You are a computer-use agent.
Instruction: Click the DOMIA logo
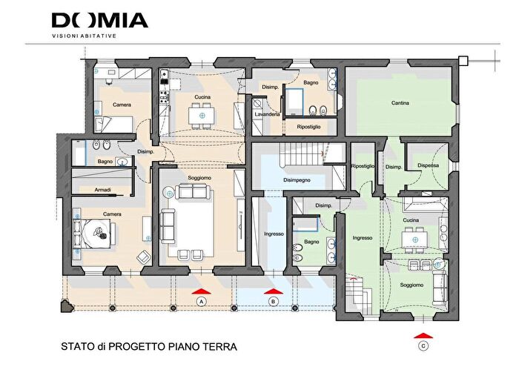[x=99, y=20]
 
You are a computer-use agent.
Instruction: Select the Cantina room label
[x=401, y=104]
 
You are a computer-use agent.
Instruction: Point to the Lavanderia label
[x=266, y=116]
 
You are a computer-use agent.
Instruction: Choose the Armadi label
[x=103, y=191]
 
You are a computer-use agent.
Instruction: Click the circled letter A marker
[x=201, y=301]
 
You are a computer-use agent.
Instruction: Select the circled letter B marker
[x=273, y=301]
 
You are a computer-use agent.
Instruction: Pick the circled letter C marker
[x=423, y=345]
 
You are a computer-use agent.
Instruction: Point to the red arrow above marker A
[x=201, y=291]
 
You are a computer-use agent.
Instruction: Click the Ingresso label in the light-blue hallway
[x=274, y=234]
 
